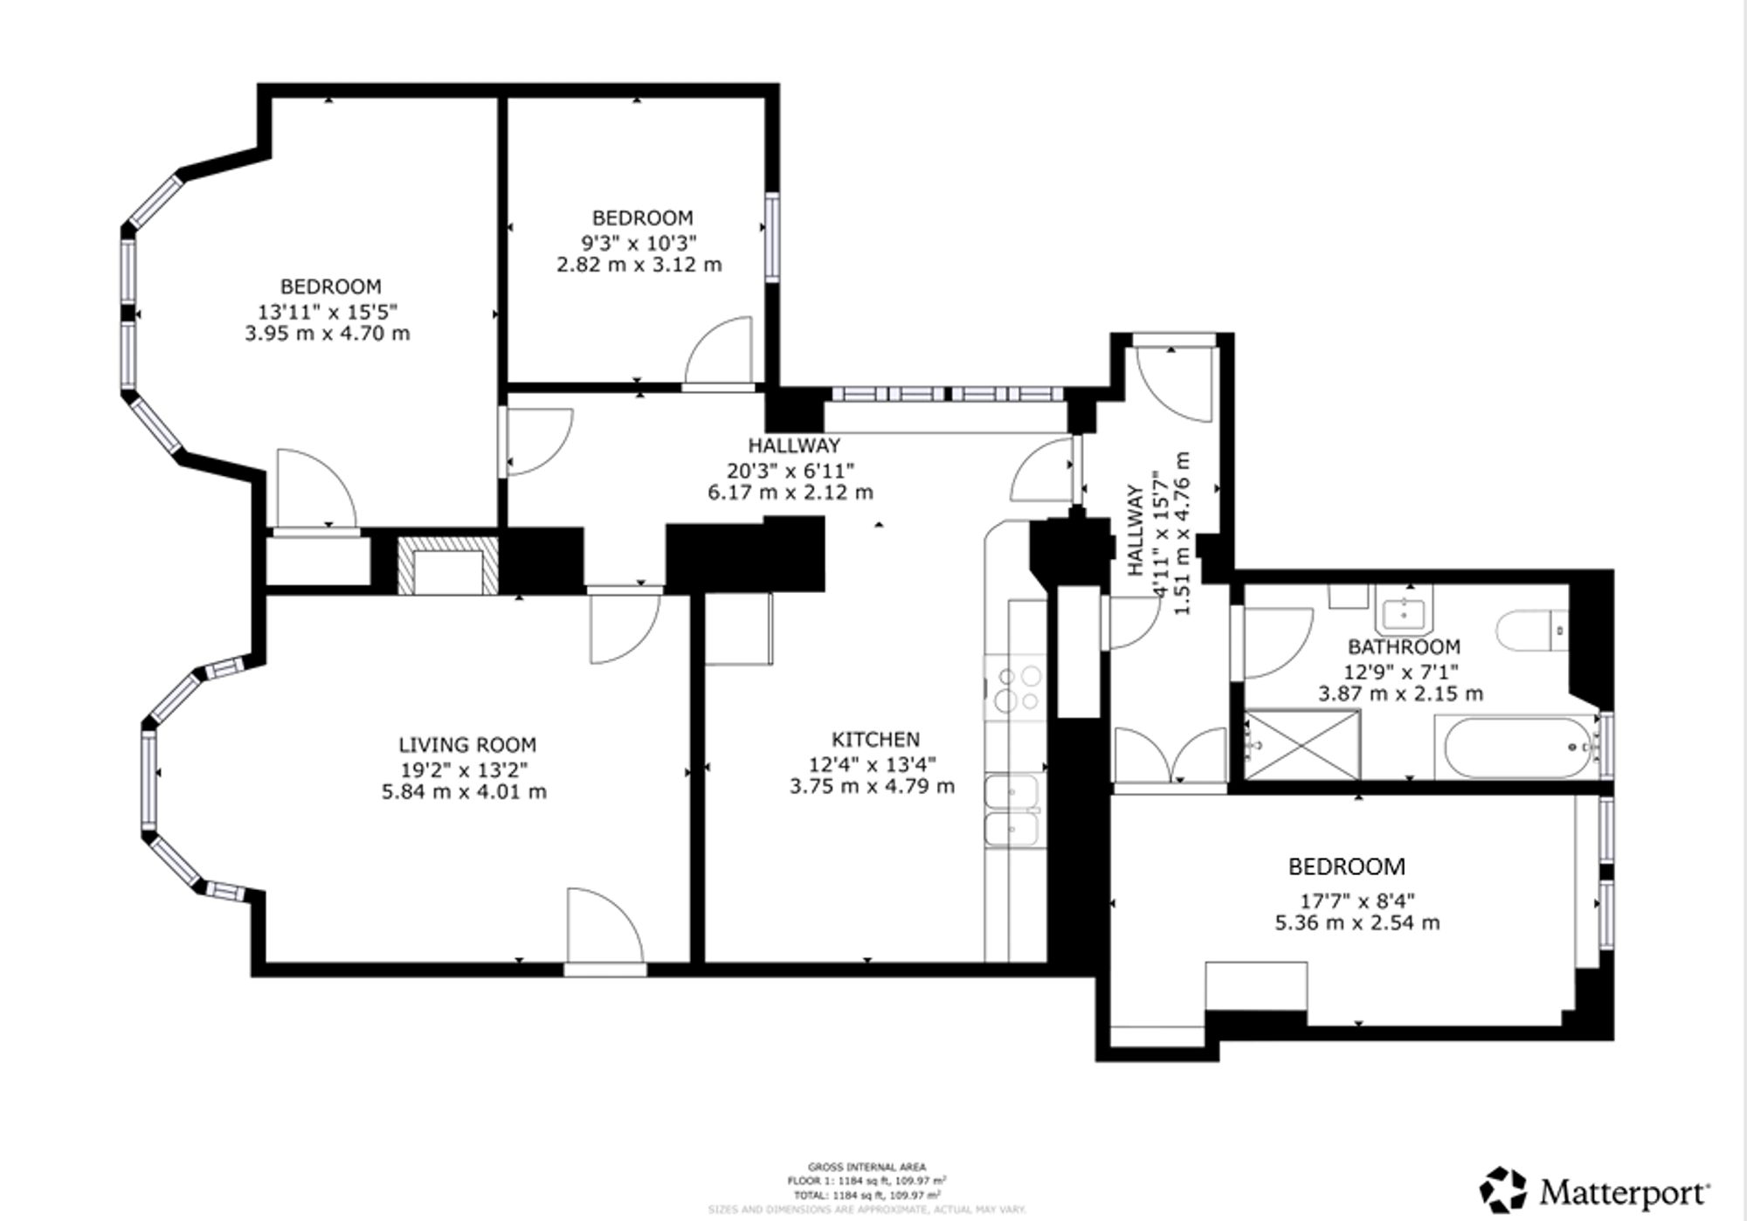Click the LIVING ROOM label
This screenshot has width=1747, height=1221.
click(467, 745)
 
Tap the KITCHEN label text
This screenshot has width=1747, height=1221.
click(875, 739)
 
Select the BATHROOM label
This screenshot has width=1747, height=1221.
click(1404, 647)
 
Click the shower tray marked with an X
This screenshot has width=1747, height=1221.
click(1302, 745)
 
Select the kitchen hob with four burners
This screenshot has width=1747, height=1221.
click(1017, 688)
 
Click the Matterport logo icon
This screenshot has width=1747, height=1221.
click(1503, 1190)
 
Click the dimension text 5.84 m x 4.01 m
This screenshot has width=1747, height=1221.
click(464, 792)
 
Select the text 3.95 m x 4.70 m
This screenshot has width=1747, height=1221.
click(328, 334)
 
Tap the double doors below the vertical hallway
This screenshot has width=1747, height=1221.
click(1170, 755)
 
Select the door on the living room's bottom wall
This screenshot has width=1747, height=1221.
click(604, 930)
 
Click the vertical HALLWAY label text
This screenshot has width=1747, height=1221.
click(1135, 530)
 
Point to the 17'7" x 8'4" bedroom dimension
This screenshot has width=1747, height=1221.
click(1357, 900)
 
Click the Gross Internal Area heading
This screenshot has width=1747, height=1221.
click(867, 1167)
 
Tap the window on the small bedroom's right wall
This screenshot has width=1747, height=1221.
click(772, 238)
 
